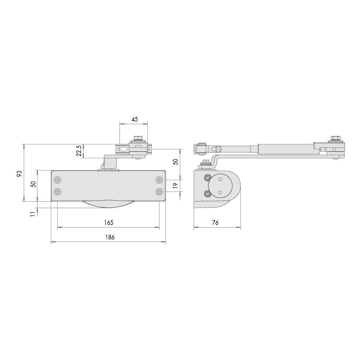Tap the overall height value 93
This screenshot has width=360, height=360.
(20, 173)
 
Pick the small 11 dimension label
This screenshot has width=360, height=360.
(32, 214)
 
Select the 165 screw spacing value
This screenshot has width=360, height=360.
(109, 223)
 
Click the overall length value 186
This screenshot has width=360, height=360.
(109, 237)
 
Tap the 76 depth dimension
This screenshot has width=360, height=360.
(215, 223)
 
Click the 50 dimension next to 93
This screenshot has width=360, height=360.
(33, 184)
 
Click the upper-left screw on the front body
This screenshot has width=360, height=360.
(57, 179)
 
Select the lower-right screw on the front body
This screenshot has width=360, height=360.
(159, 191)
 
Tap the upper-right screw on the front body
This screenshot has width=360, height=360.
(159, 179)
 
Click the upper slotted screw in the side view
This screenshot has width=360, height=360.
(207, 178)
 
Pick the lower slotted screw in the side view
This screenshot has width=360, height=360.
(207, 194)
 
